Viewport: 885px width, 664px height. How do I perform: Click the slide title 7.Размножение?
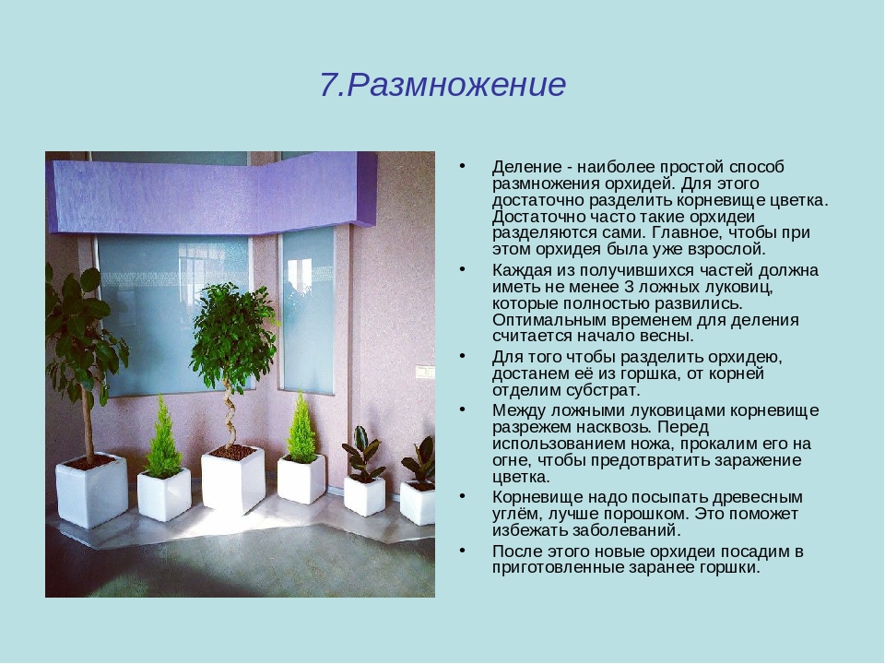443,85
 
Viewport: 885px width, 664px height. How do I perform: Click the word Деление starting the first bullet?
526,167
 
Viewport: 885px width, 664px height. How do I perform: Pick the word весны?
670,336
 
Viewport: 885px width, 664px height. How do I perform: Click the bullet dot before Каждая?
463,269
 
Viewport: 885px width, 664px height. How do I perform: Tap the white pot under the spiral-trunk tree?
233,479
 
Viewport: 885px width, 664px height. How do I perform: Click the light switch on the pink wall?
425,372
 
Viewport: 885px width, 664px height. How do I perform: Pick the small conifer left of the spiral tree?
163,437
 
